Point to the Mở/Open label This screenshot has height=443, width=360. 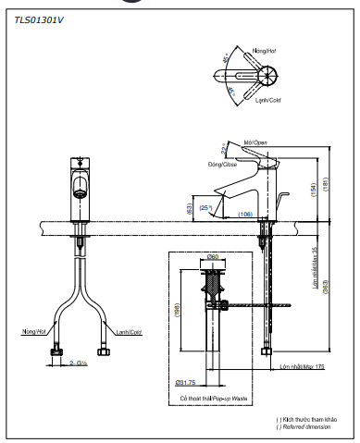[255, 142]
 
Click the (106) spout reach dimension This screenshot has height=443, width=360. [245, 215]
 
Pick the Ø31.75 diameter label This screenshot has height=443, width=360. [185, 382]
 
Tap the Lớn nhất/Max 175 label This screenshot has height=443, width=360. [304, 367]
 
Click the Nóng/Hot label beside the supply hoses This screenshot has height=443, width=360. [32, 330]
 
